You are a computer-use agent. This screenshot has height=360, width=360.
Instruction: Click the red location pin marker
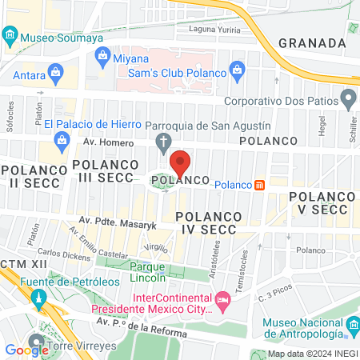[x=180, y=163]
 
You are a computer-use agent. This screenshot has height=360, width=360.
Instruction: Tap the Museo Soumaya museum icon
[x=10, y=36]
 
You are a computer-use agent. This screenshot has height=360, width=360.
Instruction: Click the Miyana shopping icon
[x=102, y=56]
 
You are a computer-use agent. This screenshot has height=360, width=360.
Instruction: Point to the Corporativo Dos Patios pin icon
[x=348, y=101]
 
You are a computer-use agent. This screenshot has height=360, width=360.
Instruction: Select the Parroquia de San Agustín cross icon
[x=163, y=144]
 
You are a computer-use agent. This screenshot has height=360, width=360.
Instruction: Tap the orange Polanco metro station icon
[x=259, y=185]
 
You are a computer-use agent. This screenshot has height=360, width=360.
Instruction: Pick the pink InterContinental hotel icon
[x=223, y=303]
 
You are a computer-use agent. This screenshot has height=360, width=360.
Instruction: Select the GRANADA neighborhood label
[x=310, y=42]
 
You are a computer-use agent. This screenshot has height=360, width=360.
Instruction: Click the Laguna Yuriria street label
[x=214, y=29]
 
